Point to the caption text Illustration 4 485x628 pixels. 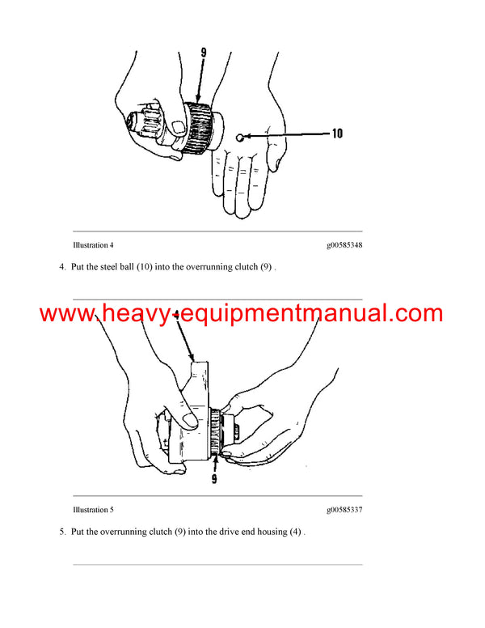[93, 244]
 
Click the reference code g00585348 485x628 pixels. [344, 244]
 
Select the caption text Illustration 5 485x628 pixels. [93, 510]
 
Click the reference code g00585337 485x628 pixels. [344, 510]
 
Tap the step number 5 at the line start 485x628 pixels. [62, 533]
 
